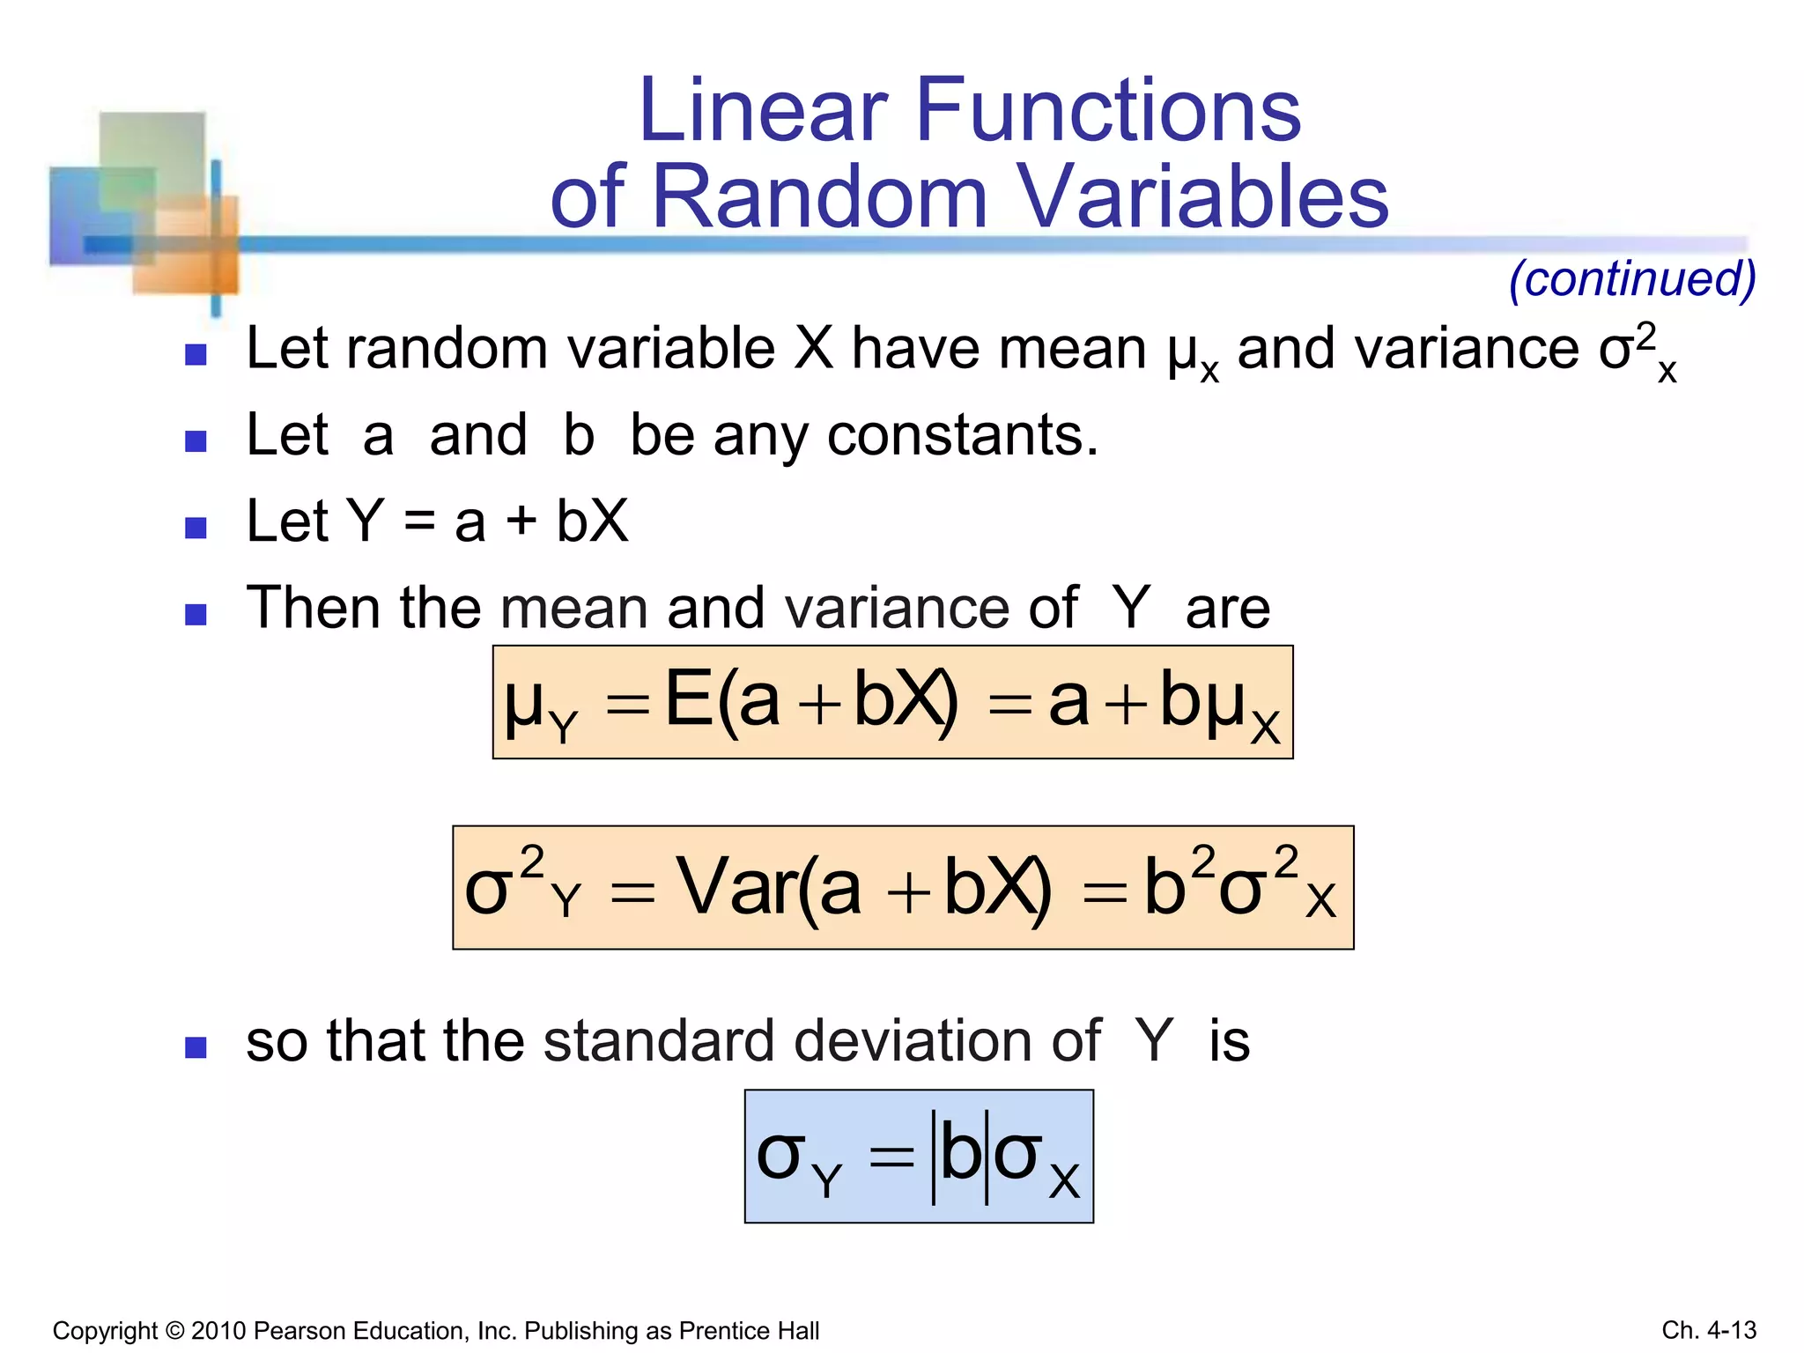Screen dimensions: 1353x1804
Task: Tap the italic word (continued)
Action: (x=1632, y=279)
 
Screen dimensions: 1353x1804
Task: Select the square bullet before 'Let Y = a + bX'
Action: (x=196, y=527)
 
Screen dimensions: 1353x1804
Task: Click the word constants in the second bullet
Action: (x=962, y=435)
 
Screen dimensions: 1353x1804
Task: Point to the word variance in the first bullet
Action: (x=1466, y=349)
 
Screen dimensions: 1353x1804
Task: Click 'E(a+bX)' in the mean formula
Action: (x=811, y=701)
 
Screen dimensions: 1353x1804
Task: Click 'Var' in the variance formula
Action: (x=735, y=888)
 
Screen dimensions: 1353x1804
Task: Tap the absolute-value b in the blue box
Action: (x=960, y=1156)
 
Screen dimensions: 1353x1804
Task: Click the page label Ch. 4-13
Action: (x=1709, y=1330)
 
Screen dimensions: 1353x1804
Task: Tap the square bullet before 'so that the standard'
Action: (x=196, y=1047)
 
